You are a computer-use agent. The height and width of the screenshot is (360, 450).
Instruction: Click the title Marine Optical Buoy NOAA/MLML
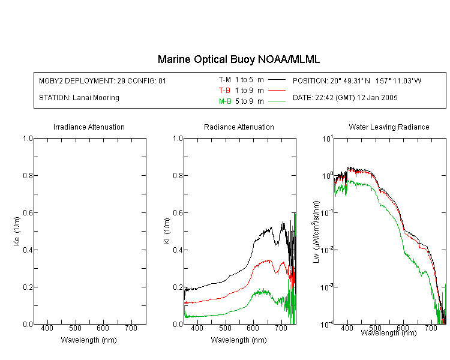click(x=238, y=59)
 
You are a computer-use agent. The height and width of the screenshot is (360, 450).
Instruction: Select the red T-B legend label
click(x=224, y=91)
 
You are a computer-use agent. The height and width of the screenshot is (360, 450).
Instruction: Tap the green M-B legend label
click(x=225, y=101)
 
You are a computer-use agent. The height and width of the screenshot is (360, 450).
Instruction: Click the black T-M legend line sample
click(x=277, y=80)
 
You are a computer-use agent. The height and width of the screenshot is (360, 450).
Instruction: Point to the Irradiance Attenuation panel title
click(x=89, y=127)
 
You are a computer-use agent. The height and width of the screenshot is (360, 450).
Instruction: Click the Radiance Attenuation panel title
click(x=239, y=127)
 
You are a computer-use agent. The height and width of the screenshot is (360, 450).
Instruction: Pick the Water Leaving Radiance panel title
click(x=389, y=127)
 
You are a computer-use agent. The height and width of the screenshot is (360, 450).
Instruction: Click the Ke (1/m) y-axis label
click(x=17, y=232)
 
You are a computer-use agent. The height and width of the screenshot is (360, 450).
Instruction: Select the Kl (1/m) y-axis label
click(x=167, y=232)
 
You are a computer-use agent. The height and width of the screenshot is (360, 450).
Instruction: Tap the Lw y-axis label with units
click(x=316, y=232)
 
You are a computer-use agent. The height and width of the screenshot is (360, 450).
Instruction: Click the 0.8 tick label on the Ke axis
click(x=28, y=175)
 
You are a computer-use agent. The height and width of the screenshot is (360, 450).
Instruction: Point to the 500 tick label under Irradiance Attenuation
click(x=75, y=328)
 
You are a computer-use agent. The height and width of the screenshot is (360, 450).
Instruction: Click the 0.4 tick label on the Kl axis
click(x=178, y=250)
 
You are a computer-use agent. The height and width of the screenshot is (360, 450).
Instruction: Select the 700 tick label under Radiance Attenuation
click(x=281, y=328)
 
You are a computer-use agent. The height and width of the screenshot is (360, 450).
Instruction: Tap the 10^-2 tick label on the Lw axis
click(x=327, y=250)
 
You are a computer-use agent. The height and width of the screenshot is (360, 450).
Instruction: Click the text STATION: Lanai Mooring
click(x=79, y=98)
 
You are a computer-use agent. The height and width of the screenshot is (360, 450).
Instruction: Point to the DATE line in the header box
click(x=345, y=98)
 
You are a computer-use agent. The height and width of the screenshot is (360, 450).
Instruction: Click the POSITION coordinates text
click(x=357, y=80)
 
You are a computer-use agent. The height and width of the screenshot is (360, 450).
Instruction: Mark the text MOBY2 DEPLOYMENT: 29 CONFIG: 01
click(x=103, y=80)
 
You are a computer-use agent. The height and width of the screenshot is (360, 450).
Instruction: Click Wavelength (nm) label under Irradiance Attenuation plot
click(x=89, y=340)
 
